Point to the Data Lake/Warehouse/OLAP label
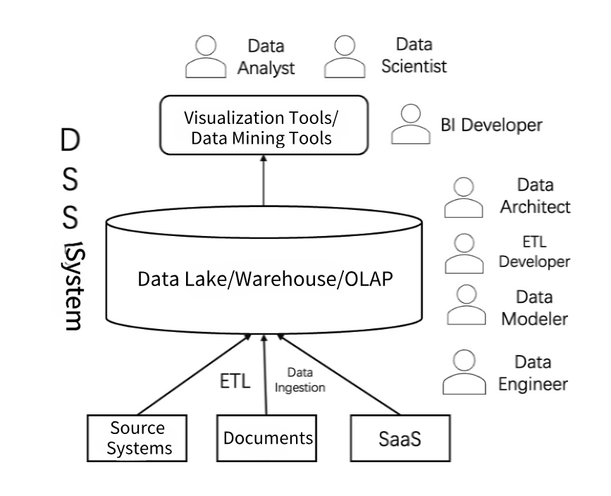click(x=265, y=279)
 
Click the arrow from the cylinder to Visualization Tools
click(x=264, y=180)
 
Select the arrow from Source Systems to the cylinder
click(x=194, y=374)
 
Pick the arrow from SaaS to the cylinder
click(x=338, y=374)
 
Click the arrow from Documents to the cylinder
click(x=265, y=374)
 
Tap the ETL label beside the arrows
click(x=235, y=380)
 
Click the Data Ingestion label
click(x=300, y=380)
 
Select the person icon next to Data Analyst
click(x=206, y=56)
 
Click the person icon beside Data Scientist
click(x=345, y=56)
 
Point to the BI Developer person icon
click(x=411, y=124)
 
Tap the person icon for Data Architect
click(x=464, y=197)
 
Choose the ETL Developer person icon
click(x=464, y=253)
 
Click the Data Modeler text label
click(x=534, y=308)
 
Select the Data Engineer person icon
click(x=464, y=372)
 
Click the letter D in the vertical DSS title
click(x=70, y=140)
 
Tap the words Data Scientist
click(x=414, y=56)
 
